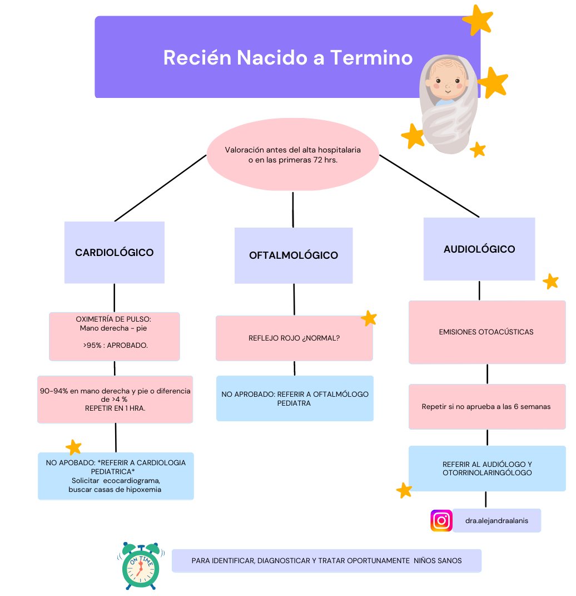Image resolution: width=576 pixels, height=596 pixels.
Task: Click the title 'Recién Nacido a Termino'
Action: tap(287, 58)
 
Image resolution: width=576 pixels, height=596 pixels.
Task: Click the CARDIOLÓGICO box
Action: tap(114, 253)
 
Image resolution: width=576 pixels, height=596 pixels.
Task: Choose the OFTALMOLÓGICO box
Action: tap(293, 255)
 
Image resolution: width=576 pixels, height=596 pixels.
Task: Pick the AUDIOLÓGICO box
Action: tap(479, 249)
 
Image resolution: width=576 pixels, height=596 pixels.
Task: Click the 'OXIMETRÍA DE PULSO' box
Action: tap(114, 336)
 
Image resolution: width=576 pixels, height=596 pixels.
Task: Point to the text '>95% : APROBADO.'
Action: tap(115, 346)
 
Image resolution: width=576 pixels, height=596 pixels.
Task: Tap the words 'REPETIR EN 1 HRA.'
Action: tap(115, 408)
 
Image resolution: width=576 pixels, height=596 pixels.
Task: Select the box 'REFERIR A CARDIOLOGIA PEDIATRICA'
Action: tap(116, 476)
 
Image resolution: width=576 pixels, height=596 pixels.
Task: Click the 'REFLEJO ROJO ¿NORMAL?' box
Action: tap(294, 338)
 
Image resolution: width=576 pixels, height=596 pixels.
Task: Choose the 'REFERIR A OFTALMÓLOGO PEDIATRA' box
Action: tap(295, 398)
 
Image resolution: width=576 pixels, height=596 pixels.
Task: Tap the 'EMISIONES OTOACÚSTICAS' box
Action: tap(486, 332)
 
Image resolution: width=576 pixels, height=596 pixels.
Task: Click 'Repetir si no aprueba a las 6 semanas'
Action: tap(486, 407)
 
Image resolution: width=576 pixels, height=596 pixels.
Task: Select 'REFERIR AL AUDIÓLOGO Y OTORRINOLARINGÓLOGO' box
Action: tap(487, 469)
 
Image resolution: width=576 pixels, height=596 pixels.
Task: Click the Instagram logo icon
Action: tap(441, 521)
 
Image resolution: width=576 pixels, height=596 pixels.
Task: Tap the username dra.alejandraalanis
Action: tap(496, 521)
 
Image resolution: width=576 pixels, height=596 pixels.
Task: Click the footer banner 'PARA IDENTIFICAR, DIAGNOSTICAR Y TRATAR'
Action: tap(326, 561)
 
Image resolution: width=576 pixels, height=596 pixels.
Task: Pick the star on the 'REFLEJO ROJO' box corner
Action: tap(368, 318)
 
